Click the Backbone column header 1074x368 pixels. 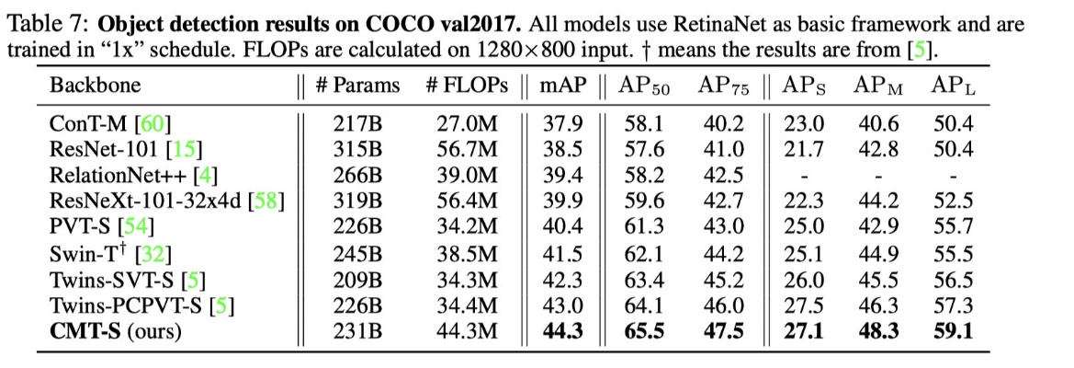coord(96,86)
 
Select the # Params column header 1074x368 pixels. coord(357,86)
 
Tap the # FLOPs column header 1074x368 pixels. coord(467,86)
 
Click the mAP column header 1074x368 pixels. coord(561,86)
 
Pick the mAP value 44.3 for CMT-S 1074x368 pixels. coord(561,331)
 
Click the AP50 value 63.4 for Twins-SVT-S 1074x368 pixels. coord(645,305)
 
